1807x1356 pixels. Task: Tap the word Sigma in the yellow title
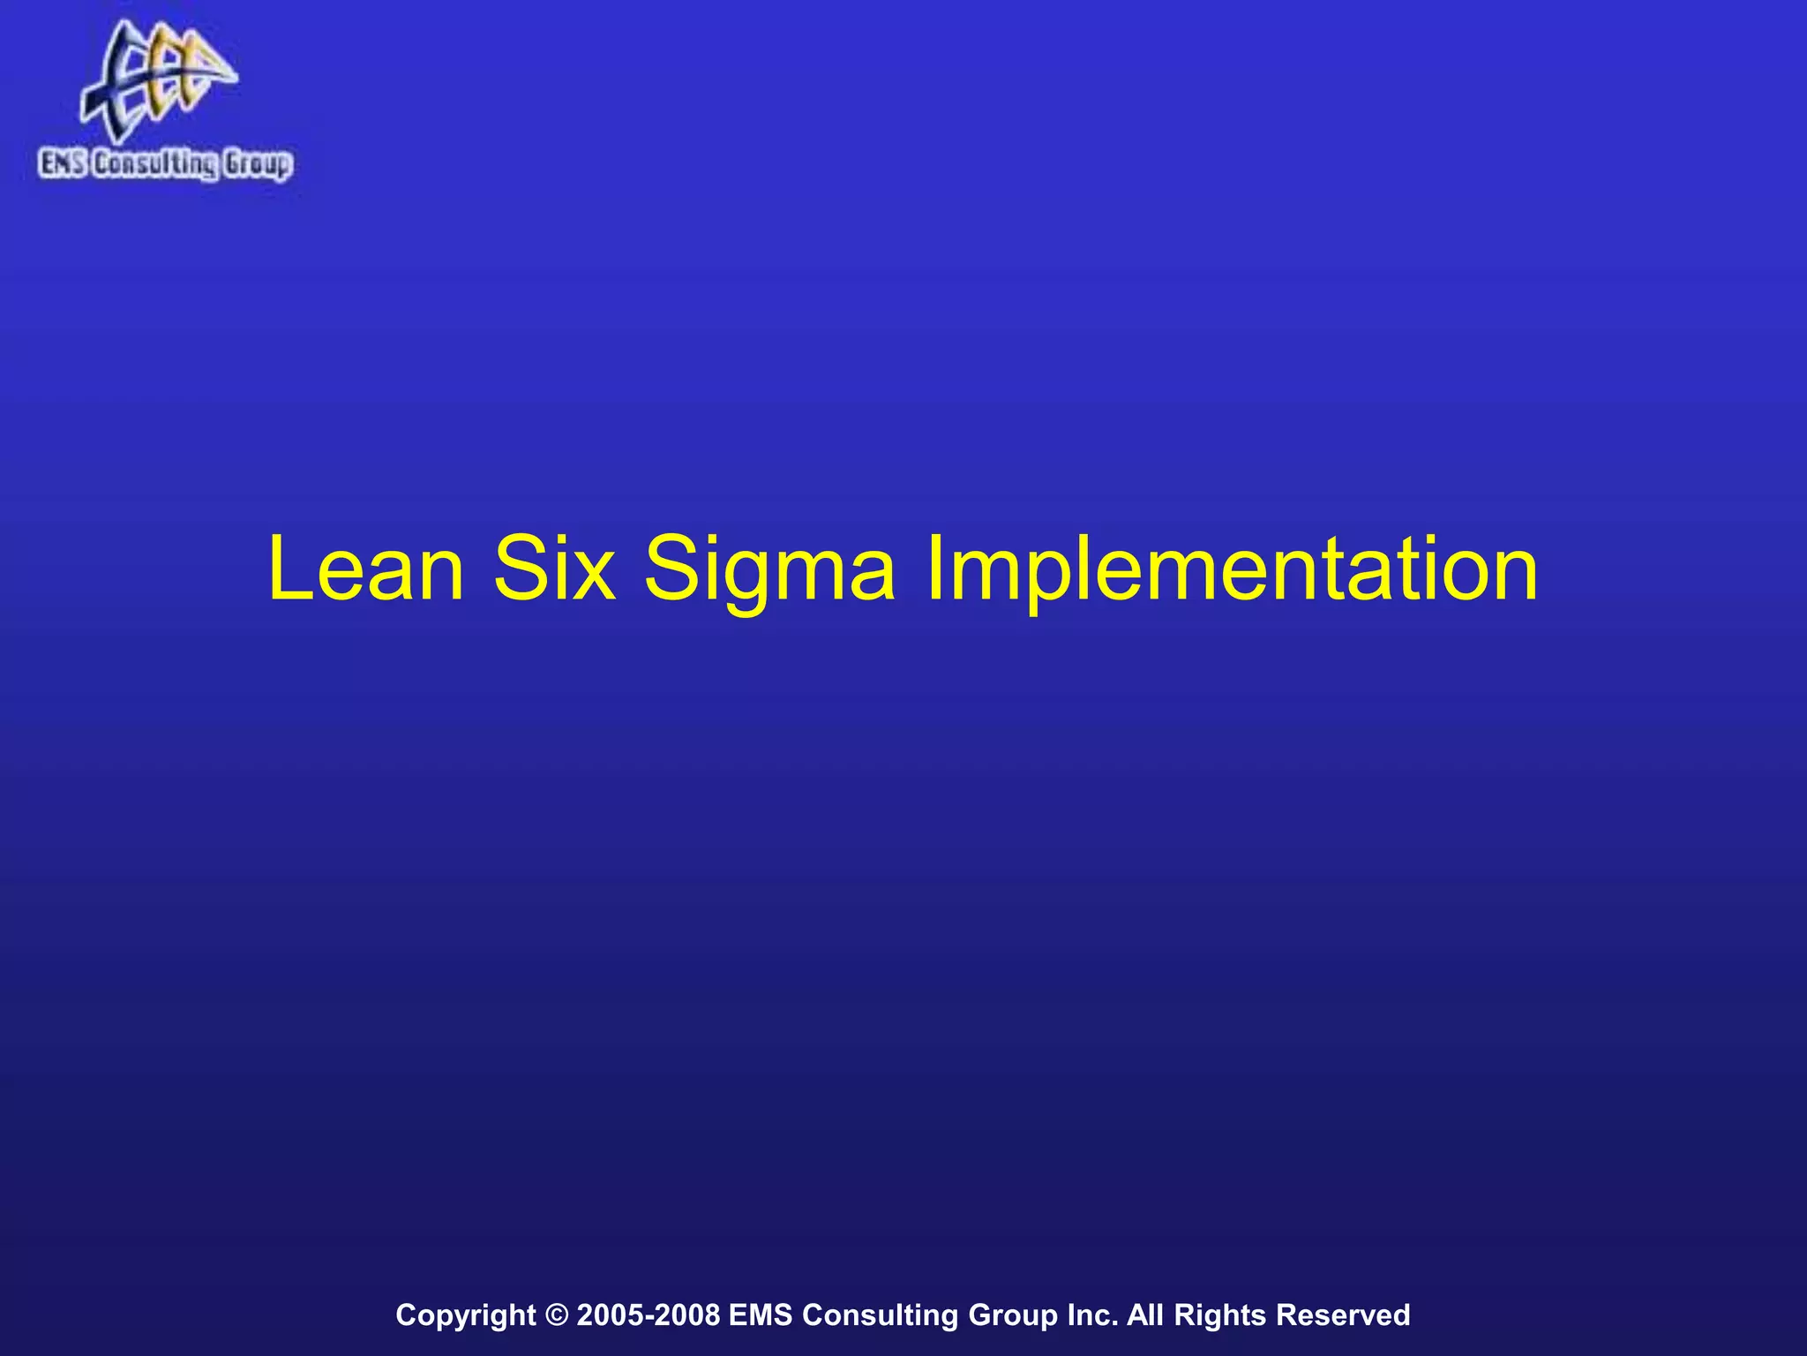pyautogui.click(x=769, y=572)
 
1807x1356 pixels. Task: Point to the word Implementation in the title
pyautogui.click(x=1232, y=572)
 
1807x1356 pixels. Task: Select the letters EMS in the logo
pyautogui.click(x=63, y=164)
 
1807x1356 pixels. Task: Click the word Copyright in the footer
pyautogui.click(x=465, y=1315)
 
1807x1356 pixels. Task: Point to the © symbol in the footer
pyautogui.click(x=557, y=1315)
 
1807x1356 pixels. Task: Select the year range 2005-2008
pyautogui.click(x=648, y=1315)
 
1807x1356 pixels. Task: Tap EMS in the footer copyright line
pyautogui.click(x=761, y=1315)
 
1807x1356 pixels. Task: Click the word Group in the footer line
pyautogui.click(x=1013, y=1315)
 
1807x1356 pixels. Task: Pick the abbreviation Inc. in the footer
pyautogui.click(x=1093, y=1315)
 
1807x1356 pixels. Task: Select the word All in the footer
pyautogui.click(x=1145, y=1315)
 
